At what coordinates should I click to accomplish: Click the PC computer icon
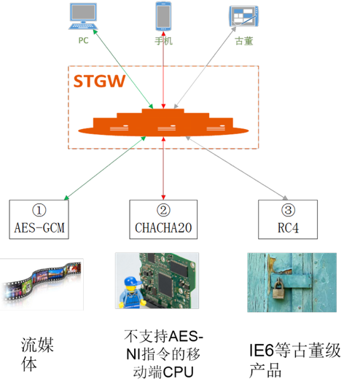(83, 16)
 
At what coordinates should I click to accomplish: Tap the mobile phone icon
(163, 16)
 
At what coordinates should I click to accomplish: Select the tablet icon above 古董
(243, 16)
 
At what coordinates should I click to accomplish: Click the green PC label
(83, 40)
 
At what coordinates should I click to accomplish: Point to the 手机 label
(163, 41)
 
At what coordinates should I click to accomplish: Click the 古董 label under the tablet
(244, 41)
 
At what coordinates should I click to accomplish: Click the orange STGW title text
(99, 81)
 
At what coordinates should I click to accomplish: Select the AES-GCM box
(39, 219)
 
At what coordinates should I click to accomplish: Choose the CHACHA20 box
(163, 219)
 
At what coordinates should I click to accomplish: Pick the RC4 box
(288, 219)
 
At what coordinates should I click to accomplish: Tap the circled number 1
(39, 210)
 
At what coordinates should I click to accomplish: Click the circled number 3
(288, 210)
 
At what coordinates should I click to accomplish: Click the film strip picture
(42, 284)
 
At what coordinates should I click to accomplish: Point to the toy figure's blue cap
(133, 281)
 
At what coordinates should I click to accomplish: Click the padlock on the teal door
(278, 289)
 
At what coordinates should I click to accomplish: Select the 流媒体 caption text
(37, 354)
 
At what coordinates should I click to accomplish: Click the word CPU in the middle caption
(179, 373)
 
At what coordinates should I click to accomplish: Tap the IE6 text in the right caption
(262, 350)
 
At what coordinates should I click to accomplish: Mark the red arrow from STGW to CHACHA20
(163, 168)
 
